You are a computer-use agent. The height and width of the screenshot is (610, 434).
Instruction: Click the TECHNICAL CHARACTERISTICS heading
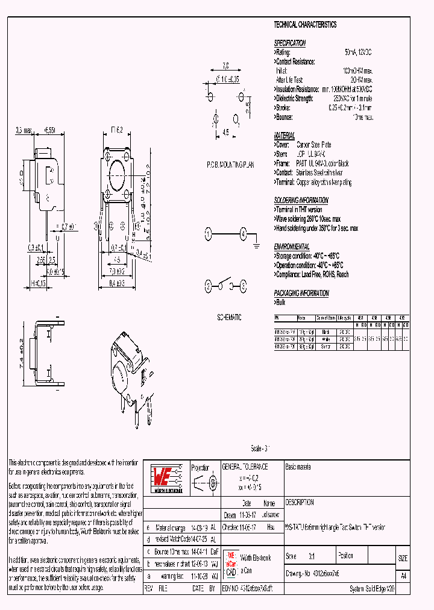(305, 25)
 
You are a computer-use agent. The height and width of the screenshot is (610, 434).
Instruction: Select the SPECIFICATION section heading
(290, 43)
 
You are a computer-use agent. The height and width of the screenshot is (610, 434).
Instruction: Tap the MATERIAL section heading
(285, 136)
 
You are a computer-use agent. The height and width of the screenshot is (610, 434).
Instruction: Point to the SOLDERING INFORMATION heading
(301, 200)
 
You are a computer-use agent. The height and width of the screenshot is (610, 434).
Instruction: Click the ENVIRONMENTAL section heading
(292, 247)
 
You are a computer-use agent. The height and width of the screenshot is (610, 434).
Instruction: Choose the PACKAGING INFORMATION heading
(301, 294)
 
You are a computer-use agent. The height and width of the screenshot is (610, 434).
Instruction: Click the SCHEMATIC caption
(228, 317)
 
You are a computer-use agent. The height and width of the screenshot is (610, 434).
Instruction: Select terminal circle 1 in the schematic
(209, 233)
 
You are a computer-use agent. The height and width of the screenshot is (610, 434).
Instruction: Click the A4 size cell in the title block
(403, 576)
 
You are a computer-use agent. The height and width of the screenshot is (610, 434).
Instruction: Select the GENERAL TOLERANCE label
(245, 467)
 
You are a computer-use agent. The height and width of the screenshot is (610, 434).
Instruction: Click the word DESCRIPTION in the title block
(300, 502)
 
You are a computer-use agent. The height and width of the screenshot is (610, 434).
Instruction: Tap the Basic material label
(298, 467)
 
